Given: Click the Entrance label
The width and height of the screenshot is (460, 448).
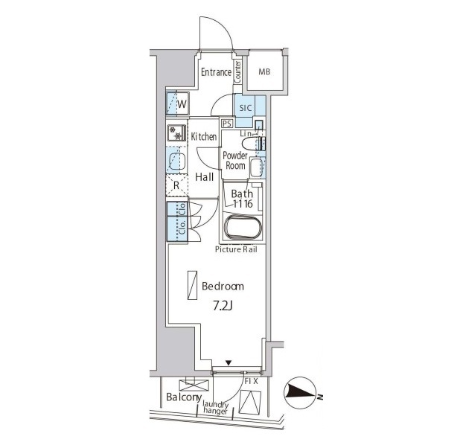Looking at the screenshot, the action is coord(216,72).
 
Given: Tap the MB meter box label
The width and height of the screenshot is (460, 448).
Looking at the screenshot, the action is coord(264,71).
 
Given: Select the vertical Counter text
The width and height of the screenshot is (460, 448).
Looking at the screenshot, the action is coord(237,71).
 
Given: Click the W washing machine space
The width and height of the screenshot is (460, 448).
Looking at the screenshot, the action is coord(177,103).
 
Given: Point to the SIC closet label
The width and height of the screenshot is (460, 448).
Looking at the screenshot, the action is coord(246,108).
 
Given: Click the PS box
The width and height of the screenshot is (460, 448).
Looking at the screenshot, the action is coord(227,124).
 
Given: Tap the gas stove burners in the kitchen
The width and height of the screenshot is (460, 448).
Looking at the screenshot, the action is coord(176,133).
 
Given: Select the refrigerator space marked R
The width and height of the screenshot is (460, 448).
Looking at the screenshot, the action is coord(176,185).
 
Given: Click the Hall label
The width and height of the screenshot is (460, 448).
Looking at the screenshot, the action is coord(205,177).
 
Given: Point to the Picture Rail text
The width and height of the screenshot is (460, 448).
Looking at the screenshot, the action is coord(236,249).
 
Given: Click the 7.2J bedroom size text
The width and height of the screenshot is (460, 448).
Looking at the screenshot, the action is coord(223,307).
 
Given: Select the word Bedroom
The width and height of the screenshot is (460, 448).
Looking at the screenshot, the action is coord(223,286).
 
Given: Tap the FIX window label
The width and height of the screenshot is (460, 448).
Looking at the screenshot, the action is coord(251,382).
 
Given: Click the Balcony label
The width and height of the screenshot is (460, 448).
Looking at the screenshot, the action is coord(184,397).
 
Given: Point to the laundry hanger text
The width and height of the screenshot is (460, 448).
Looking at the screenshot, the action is coord(216,408).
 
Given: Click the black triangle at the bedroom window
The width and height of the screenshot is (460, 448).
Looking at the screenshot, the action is coord(229,363).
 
